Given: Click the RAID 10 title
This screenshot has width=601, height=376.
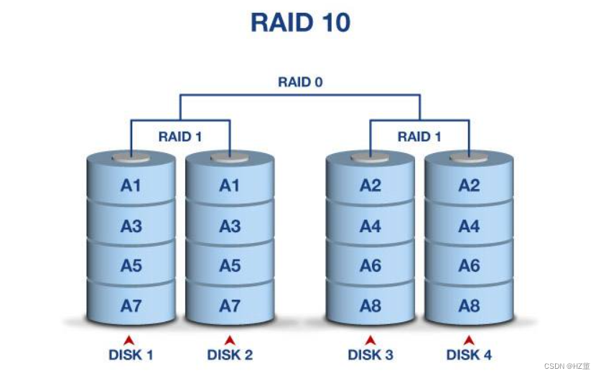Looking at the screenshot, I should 300,22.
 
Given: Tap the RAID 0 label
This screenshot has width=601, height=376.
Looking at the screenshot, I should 300,82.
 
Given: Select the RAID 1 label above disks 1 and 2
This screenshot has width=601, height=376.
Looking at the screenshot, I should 180,136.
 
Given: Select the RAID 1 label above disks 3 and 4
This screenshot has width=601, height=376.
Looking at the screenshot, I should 419,136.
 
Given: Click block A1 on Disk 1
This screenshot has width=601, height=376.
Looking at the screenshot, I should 131,186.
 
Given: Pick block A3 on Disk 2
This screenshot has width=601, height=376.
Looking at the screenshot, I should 229,226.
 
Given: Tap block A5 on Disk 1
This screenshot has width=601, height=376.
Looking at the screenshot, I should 131,266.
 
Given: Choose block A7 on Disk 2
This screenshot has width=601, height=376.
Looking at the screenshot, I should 229,306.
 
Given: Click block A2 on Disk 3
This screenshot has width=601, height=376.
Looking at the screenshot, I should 370,186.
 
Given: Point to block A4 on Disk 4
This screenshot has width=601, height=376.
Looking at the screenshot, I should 469,226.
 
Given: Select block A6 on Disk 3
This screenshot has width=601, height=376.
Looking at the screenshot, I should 370,266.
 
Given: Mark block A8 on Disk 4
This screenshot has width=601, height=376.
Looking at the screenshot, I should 469,306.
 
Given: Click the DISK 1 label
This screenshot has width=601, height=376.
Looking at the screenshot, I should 131,354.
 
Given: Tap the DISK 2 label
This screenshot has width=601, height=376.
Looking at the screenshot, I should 229,354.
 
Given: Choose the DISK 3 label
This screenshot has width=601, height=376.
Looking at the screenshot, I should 370,354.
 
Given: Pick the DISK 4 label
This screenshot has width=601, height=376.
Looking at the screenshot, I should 469,354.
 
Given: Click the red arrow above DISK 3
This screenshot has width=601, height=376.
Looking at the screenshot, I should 370,339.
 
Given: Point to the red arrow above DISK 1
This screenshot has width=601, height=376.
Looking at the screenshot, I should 129,339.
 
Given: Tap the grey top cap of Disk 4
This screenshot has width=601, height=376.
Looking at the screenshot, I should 469,157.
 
